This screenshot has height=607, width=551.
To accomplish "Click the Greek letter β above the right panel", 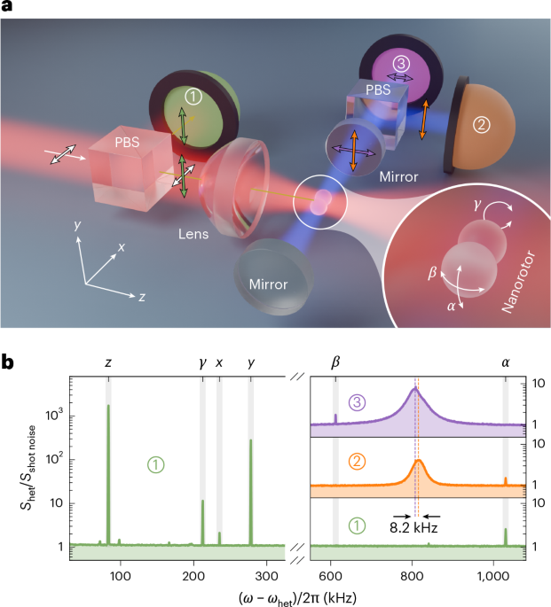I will coord(335,362).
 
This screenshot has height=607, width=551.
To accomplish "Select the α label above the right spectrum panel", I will coord(506,362).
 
